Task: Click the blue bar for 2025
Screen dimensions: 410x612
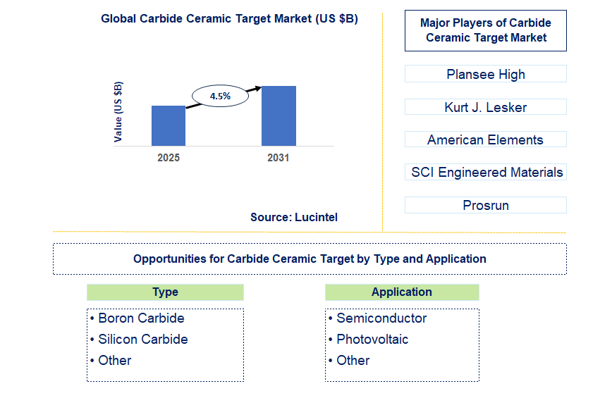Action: click(x=169, y=126)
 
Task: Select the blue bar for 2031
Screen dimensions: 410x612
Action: click(x=279, y=116)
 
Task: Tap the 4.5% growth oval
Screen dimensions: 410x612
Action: click(x=220, y=96)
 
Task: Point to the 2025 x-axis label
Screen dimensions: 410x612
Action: click(x=169, y=158)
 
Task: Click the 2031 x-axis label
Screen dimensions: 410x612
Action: click(x=279, y=158)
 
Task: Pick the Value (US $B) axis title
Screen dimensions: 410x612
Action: click(x=118, y=111)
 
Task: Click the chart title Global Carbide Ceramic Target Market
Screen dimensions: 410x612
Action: click(x=229, y=19)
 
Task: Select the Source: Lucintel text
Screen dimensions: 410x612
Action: click(x=294, y=217)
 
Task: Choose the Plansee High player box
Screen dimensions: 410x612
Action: click(x=485, y=74)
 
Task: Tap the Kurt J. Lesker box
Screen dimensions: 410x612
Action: click(x=485, y=107)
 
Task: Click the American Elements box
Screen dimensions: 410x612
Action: click(x=485, y=139)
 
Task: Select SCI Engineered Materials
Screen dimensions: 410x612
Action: click(x=486, y=172)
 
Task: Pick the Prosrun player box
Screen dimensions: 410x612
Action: click(x=485, y=205)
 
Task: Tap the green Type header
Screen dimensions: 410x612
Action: click(x=165, y=292)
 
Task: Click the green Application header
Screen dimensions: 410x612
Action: click(x=402, y=292)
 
